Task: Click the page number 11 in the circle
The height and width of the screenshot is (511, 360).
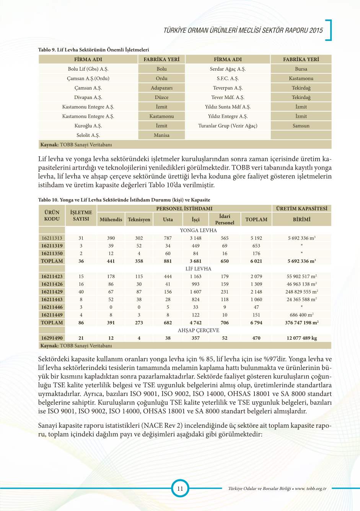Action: coord(180,488)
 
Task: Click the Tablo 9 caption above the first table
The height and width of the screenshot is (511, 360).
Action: coord(93,50)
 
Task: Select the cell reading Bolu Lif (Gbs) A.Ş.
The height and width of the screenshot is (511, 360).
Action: coord(88,69)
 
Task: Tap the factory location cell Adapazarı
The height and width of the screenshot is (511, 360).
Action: coord(161,88)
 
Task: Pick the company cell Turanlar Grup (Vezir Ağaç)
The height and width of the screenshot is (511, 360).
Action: coord(228,126)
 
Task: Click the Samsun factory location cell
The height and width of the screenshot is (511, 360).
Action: coord(301,126)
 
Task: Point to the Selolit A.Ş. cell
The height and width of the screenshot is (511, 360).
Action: coord(88,135)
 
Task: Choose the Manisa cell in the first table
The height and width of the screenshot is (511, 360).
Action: coord(161,135)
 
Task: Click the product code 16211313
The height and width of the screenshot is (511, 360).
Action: coord(52,238)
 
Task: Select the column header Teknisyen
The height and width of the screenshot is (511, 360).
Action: coord(139,219)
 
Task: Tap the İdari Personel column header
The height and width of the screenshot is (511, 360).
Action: coord(225,219)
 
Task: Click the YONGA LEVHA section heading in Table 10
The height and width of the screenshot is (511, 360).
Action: coord(198,230)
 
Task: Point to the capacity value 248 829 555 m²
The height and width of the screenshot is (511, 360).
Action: coord(301,292)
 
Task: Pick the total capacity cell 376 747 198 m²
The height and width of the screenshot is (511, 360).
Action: coord(301,323)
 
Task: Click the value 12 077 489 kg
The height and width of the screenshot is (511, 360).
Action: coord(301,338)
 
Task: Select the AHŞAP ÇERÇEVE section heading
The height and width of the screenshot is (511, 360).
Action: coord(198,330)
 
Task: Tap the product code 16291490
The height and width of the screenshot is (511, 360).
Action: coord(52,338)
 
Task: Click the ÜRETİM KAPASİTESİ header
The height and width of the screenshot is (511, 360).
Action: coord(301,209)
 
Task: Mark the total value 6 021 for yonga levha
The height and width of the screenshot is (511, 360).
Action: coord(256,261)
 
